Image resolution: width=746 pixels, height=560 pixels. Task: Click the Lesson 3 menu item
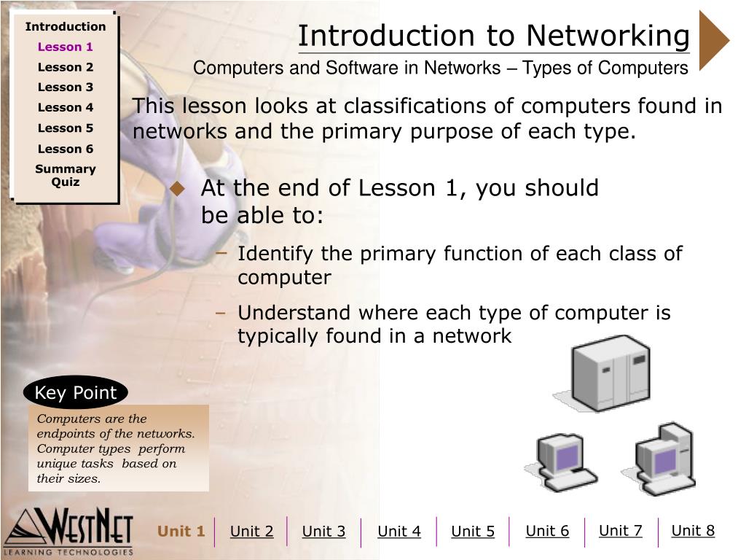pyautogui.click(x=66, y=87)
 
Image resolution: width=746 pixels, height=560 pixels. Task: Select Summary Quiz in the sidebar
pyautogui.click(x=66, y=175)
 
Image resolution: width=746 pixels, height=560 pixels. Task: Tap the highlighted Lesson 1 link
pyautogui.click(x=66, y=47)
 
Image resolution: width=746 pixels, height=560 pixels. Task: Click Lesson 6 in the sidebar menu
pyautogui.click(x=66, y=149)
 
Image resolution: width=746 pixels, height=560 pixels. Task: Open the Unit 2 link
pyautogui.click(x=251, y=532)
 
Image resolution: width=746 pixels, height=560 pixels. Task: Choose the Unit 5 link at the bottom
pyautogui.click(x=473, y=532)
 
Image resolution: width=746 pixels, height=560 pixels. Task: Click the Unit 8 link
pyautogui.click(x=693, y=531)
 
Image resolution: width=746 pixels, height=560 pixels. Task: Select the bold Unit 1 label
pyautogui.click(x=181, y=531)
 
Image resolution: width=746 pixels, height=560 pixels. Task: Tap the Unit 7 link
pyautogui.click(x=620, y=531)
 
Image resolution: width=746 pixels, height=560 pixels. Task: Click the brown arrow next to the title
pyautogui.click(x=712, y=40)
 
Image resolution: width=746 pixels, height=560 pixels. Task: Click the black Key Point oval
pyautogui.click(x=76, y=393)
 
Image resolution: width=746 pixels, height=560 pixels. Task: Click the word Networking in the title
pyautogui.click(x=608, y=35)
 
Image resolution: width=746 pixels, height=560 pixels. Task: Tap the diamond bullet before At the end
pyautogui.click(x=177, y=189)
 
